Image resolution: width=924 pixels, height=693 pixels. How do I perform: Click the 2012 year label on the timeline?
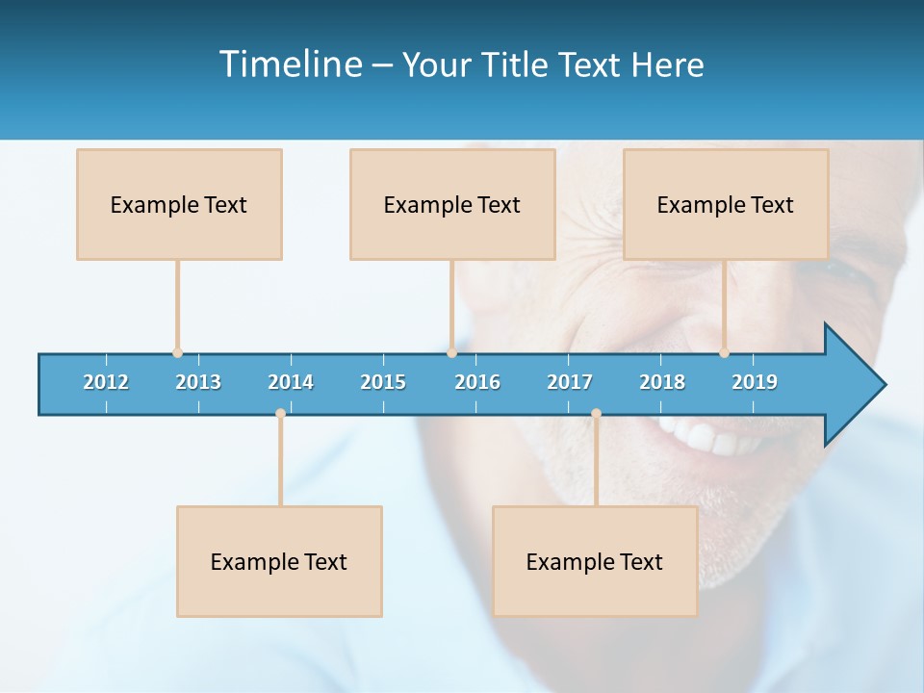(106, 382)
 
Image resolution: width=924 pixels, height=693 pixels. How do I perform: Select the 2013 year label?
(198, 382)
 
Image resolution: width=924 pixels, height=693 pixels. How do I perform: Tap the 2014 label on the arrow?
(291, 382)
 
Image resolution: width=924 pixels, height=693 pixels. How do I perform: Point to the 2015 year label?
(383, 382)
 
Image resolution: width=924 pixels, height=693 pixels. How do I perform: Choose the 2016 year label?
(477, 382)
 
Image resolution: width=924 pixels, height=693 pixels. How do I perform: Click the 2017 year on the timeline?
(570, 382)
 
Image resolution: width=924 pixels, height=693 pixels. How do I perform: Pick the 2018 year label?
(662, 382)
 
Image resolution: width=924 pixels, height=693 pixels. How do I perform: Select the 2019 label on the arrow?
(755, 382)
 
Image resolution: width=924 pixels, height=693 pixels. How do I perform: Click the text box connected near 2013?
(179, 205)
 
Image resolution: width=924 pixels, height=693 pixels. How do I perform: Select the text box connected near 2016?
(452, 205)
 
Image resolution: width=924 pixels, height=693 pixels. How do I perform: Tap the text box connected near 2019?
(726, 205)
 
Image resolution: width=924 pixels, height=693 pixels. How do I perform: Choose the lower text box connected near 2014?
(279, 562)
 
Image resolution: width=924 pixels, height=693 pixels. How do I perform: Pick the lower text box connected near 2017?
(595, 562)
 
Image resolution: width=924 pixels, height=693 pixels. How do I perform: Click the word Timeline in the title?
(288, 64)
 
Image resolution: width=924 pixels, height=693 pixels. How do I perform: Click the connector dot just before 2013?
(177, 353)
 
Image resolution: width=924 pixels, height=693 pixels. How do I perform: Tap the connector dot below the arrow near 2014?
(280, 413)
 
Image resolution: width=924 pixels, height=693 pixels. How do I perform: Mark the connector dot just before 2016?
(451, 353)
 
